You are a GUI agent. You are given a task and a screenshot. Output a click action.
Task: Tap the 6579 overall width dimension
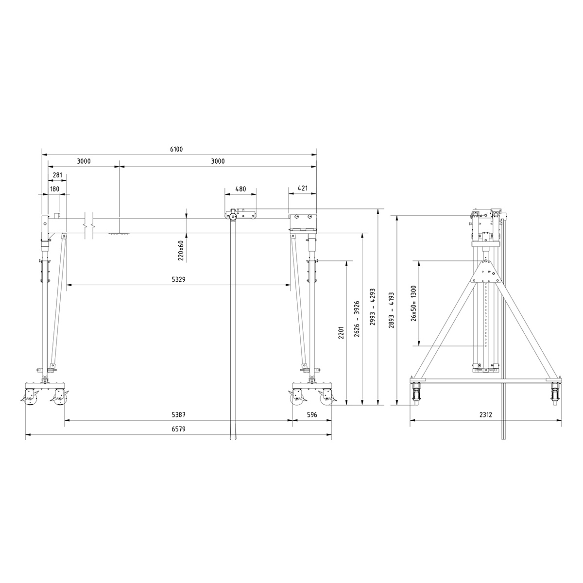[179, 429]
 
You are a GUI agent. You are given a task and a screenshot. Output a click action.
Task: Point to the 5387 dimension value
[179, 415]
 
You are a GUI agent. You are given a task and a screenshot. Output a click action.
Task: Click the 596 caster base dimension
[312, 415]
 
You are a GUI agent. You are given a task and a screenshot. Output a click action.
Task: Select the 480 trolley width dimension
[240, 189]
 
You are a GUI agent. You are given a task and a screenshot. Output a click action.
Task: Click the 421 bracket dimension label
[302, 189]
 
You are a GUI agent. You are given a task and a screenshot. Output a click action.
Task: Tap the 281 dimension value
[57, 175]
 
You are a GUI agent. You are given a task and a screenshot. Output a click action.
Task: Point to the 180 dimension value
[54, 189]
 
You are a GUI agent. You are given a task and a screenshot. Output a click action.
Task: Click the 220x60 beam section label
[181, 251]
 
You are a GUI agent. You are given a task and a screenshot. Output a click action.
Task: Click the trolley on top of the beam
[240, 215]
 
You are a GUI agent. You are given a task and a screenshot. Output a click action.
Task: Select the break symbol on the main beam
[88, 226]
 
